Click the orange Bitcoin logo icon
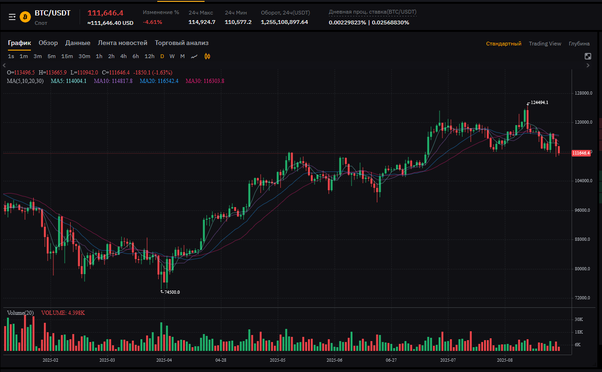pyautogui.click(x=25, y=17)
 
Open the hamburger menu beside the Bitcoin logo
pyautogui.click(x=12, y=17)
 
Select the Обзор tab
pyautogui.click(x=48, y=43)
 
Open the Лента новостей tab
pyautogui.click(x=123, y=43)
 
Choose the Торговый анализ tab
pyautogui.click(x=182, y=43)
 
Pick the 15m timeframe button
pyautogui.click(x=67, y=56)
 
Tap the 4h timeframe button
pyautogui.click(x=123, y=56)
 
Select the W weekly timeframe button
pyautogui.click(x=172, y=56)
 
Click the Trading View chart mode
pyautogui.click(x=545, y=44)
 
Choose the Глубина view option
pyautogui.click(x=579, y=44)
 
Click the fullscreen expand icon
pyautogui.click(x=588, y=56)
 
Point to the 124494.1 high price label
pyautogui.click(x=539, y=103)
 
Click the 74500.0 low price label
pyautogui.click(x=172, y=292)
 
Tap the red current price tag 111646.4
pyautogui.click(x=581, y=153)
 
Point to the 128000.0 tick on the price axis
pyautogui.click(x=583, y=93)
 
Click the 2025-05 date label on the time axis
pyautogui.click(x=278, y=360)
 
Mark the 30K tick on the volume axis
pyautogui.click(x=579, y=320)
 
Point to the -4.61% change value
pyautogui.click(x=152, y=22)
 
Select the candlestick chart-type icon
pyautogui.click(x=207, y=56)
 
